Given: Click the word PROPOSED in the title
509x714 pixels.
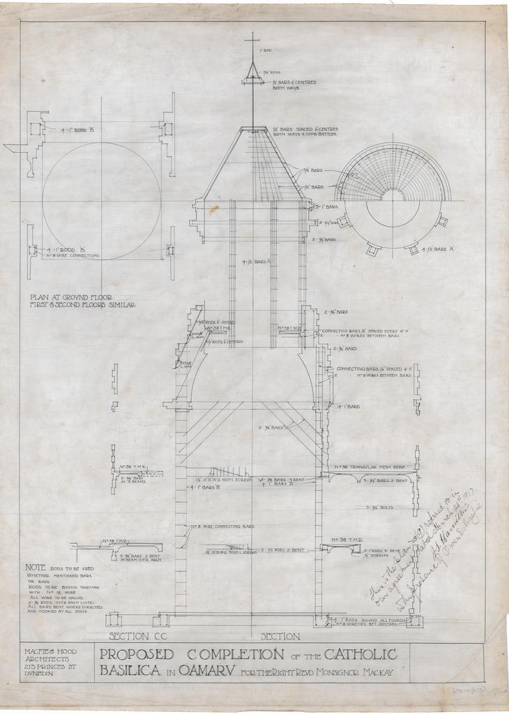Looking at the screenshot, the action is (135, 655).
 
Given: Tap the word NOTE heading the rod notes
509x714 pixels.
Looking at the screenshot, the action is (35, 568).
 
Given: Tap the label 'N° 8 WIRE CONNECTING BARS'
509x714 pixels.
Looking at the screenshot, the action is (222, 526).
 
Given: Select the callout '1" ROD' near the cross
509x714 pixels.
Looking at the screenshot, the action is (265, 51).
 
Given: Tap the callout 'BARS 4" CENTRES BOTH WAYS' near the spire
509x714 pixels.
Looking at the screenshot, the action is (294, 85).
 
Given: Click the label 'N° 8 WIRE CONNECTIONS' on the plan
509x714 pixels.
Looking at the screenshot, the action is (73, 256).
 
